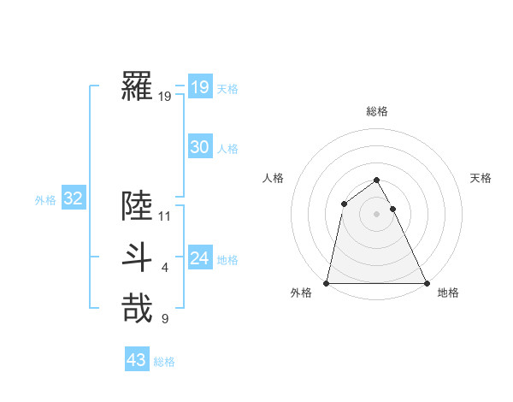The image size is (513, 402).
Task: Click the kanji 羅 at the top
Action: tap(137, 86)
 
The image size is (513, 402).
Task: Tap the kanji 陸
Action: tap(137, 206)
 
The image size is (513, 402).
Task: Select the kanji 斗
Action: tap(137, 257)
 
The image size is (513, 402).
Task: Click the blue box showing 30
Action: tap(199, 147)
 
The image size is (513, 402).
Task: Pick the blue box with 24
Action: tap(199, 258)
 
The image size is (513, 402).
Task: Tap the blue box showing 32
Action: tap(73, 199)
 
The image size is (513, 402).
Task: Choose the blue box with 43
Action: tap(136, 360)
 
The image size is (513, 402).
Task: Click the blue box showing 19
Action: tap(199, 87)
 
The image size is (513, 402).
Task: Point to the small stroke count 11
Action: tap(165, 216)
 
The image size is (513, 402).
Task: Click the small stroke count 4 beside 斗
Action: tap(165, 268)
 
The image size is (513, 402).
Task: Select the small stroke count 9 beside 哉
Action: tap(165, 319)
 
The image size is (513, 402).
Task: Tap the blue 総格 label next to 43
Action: tap(164, 362)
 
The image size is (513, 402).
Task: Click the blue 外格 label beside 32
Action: tap(45, 200)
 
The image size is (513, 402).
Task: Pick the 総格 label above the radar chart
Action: tap(377, 111)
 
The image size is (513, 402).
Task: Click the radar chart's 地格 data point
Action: tap(426, 282)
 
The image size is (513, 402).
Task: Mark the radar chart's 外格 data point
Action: tap(327, 282)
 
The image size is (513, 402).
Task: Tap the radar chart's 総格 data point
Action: tap(376, 180)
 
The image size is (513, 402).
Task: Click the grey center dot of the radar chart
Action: tap(376, 214)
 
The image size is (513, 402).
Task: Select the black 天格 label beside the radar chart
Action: tap(481, 178)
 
